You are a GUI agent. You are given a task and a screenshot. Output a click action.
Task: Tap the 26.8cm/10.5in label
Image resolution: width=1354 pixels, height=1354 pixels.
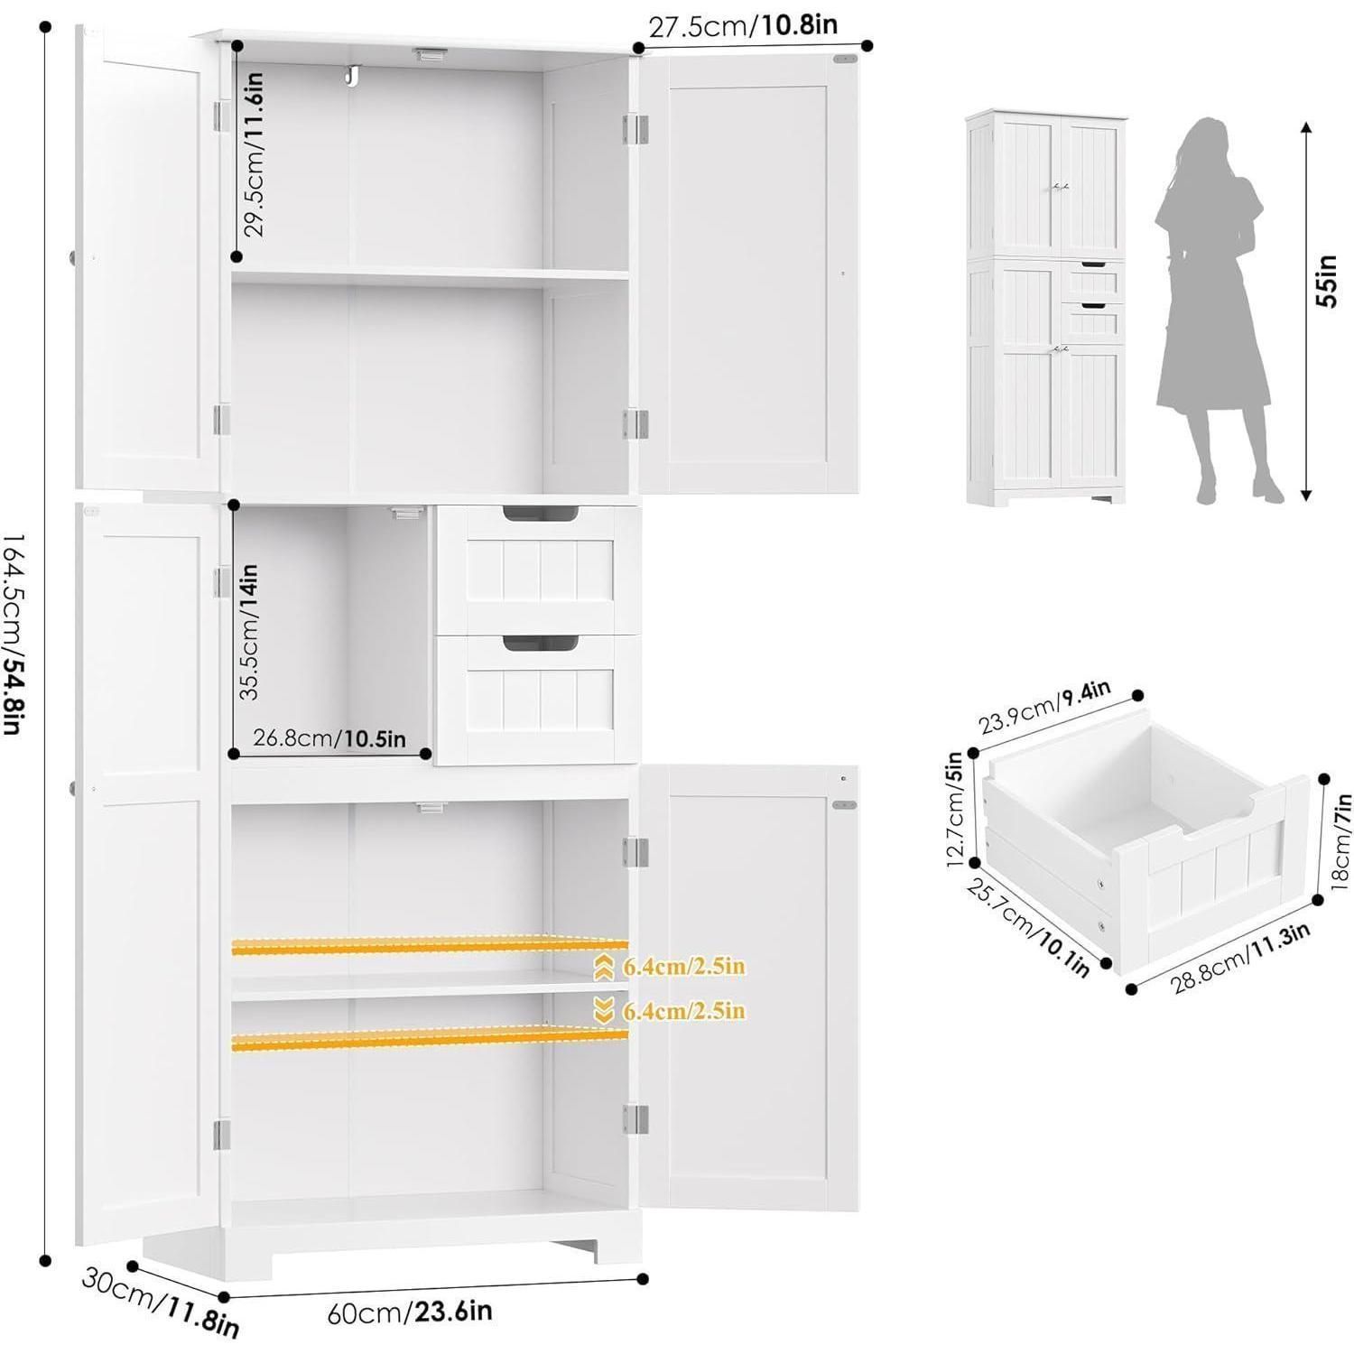point(329,738)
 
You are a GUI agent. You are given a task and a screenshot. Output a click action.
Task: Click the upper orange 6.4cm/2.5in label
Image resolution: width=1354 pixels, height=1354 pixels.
point(685,967)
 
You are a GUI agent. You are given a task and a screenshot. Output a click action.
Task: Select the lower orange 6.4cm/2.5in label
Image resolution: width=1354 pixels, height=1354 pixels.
point(685,1010)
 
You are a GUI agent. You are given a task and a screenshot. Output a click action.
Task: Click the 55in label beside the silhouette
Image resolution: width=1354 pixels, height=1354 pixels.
point(1327,281)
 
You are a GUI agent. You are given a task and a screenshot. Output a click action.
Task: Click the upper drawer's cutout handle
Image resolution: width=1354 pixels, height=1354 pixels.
point(541,515)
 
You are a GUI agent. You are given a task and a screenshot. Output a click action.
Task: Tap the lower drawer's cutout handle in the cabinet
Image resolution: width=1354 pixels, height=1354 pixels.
point(541,643)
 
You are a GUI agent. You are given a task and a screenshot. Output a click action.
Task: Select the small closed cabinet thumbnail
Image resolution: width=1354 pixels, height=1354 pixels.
point(1045,307)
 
